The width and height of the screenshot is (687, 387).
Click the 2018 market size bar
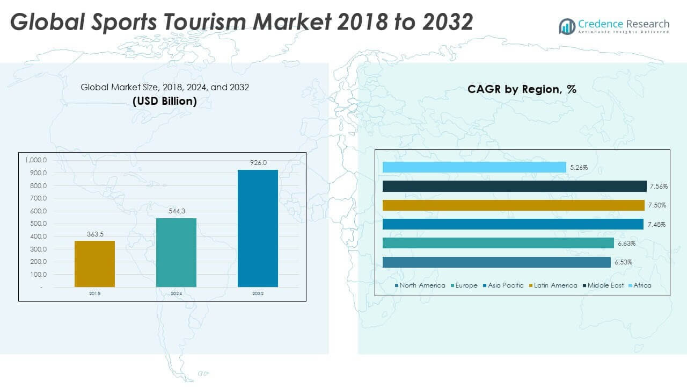click(94, 263)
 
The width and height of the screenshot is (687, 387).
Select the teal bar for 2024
click(176, 252)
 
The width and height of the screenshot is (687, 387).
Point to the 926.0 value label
click(258, 162)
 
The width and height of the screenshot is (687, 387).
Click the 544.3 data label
click(176, 211)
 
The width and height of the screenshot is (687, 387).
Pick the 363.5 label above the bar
click(94, 234)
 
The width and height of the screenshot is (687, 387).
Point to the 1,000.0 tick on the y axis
click(35, 160)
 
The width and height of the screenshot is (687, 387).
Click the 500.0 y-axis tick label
click(38, 224)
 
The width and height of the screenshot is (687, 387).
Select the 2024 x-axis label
click(176, 294)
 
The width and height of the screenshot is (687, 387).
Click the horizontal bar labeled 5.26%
click(474, 167)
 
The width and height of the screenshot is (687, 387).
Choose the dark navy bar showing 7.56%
click(514, 186)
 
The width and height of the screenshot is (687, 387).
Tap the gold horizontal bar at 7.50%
click(513, 205)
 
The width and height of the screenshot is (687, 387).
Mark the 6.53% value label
click(623, 262)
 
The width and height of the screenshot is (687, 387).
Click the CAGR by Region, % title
click(522, 89)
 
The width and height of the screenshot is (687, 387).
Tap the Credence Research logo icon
click(567, 26)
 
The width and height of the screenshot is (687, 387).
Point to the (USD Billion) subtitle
click(165, 101)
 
